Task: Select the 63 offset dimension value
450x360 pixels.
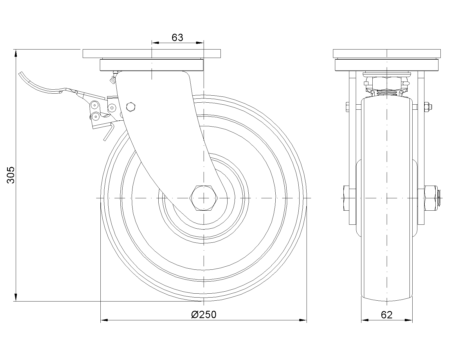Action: pyautogui.click(x=177, y=38)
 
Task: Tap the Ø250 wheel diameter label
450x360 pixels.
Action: pyautogui.click(x=204, y=315)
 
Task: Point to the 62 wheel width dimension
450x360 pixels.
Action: pyautogui.click(x=387, y=315)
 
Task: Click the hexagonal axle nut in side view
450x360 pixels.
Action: pyautogui.click(x=204, y=198)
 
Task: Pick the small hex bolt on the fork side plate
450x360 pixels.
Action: pyautogui.click(x=131, y=107)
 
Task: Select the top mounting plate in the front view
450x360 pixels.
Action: pyautogui.click(x=152, y=54)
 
